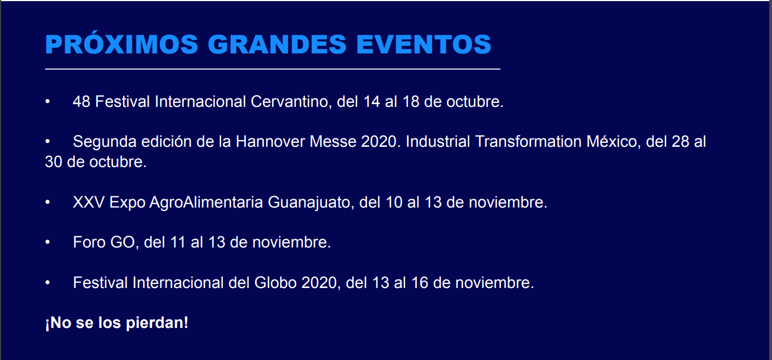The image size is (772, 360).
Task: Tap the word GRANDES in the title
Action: (x=277, y=44)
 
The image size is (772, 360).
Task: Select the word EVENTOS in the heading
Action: (x=424, y=44)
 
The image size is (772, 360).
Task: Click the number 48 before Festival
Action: (x=82, y=102)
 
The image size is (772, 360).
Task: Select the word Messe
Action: (x=333, y=142)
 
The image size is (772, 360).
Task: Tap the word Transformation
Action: (x=528, y=142)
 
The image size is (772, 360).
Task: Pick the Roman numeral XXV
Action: (x=88, y=202)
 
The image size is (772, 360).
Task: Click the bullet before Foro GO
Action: (x=48, y=242)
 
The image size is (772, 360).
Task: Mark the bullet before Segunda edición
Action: (x=48, y=142)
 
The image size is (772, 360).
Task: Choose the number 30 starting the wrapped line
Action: (x=53, y=162)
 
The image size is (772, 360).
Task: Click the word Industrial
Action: (x=438, y=142)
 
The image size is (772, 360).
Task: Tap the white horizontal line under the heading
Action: (x=272, y=69)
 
